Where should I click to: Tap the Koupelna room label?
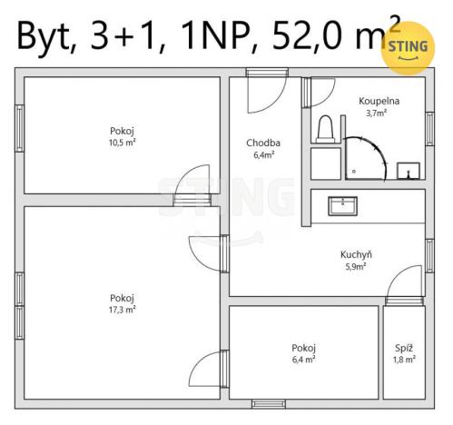(x=379, y=102)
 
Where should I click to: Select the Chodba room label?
(x=263, y=143)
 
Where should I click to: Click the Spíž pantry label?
(x=404, y=348)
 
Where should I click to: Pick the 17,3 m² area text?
(x=123, y=309)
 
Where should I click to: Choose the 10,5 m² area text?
(x=123, y=142)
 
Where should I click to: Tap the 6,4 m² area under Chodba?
(x=263, y=154)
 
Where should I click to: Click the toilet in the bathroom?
(x=324, y=129)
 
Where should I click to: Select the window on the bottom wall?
(x=269, y=403)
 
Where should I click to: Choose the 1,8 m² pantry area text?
(x=404, y=360)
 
